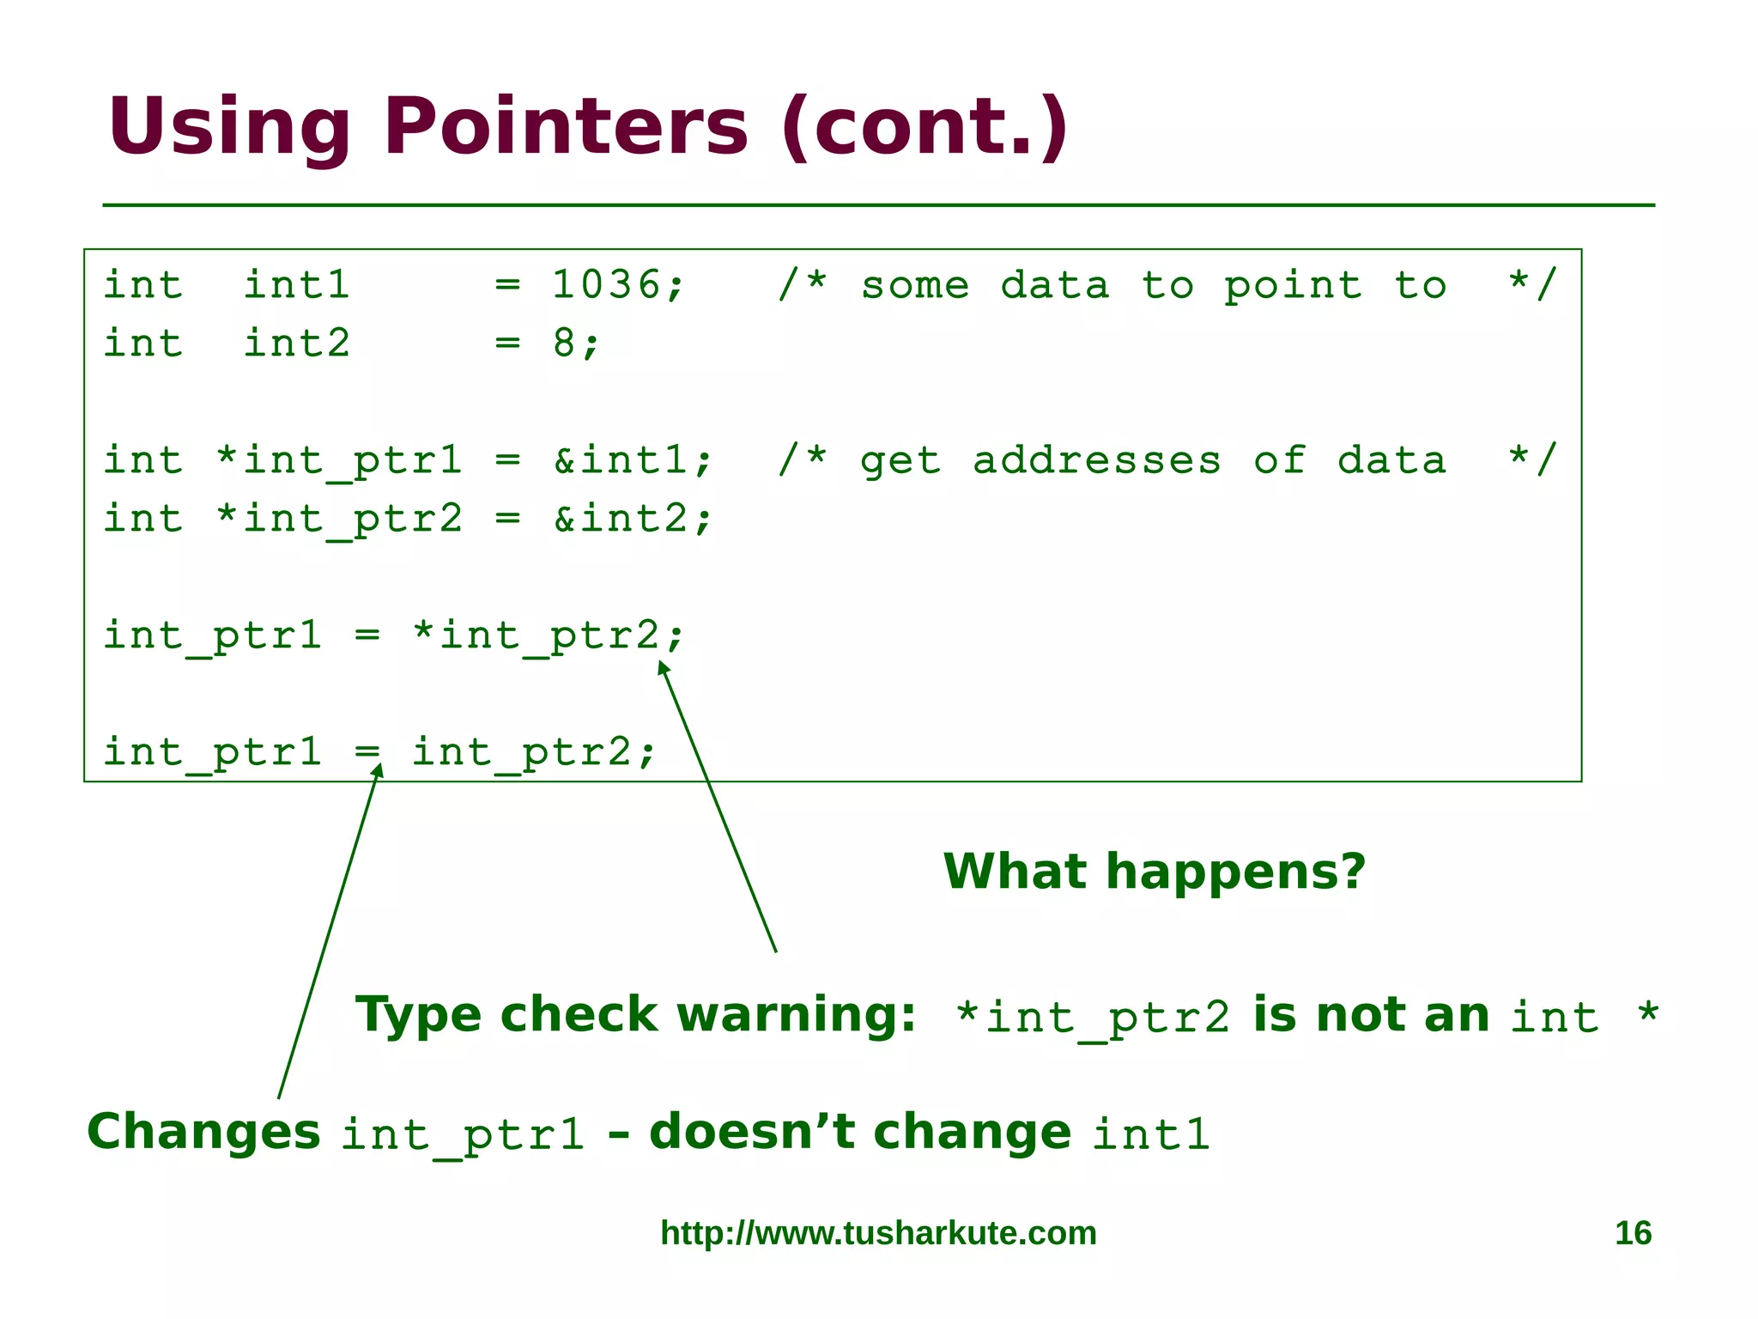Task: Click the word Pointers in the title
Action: (x=566, y=127)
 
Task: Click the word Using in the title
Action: (x=228, y=127)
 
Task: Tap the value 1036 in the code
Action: (x=606, y=285)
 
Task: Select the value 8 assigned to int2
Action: (x=564, y=343)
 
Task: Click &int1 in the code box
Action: (x=621, y=460)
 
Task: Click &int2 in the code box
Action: (x=621, y=519)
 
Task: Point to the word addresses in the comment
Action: (x=1096, y=460)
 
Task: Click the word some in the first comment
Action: (x=915, y=285)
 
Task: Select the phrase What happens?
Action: (x=1154, y=872)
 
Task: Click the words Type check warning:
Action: (x=636, y=1015)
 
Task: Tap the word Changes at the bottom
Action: (x=203, y=1132)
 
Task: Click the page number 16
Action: (x=1633, y=1233)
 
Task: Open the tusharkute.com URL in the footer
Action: (x=878, y=1233)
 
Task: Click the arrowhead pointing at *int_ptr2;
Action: (x=663, y=667)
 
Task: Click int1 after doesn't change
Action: (x=1150, y=1134)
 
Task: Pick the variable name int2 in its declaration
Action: (x=297, y=343)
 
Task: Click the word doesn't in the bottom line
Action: (x=752, y=1132)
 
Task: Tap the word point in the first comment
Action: (x=1293, y=285)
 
